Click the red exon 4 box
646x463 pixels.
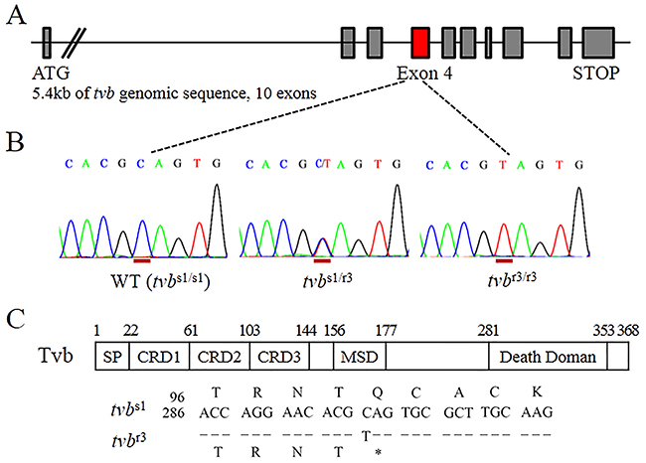(x=419, y=43)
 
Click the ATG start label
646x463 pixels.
(x=53, y=73)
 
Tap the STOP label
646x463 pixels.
(x=595, y=73)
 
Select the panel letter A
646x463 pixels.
(x=15, y=17)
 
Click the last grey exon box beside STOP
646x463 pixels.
(x=598, y=43)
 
